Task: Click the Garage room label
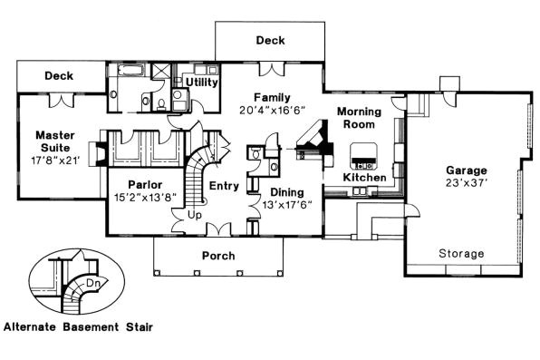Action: [x=466, y=170]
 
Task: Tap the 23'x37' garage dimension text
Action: [x=466, y=182]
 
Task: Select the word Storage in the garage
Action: [x=462, y=253]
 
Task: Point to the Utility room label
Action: [x=201, y=83]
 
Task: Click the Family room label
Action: [x=272, y=97]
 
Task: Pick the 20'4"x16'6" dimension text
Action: [x=273, y=110]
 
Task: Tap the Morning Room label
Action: [x=359, y=118]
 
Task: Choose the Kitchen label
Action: [x=364, y=178]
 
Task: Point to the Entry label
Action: [x=223, y=185]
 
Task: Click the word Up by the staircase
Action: [x=193, y=216]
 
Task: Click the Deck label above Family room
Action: [x=269, y=41]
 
